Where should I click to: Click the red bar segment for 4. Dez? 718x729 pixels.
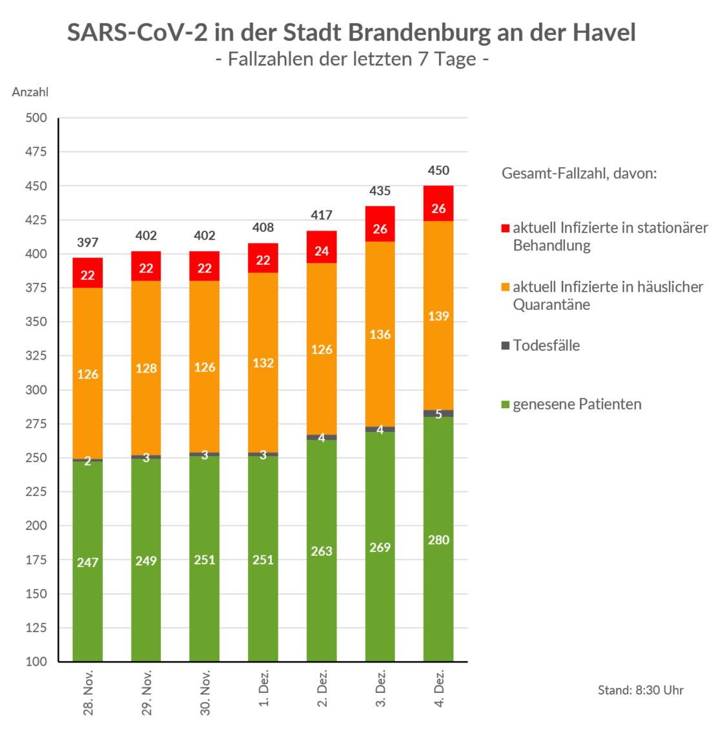pyautogui.click(x=438, y=203)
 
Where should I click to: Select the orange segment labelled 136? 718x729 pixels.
pyautogui.click(x=380, y=334)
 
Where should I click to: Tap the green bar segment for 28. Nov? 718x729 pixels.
pyautogui.click(x=88, y=561)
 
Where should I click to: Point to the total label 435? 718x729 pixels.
pyautogui.click(x=380, y=191)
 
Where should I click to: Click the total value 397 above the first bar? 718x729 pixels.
pyautogui.click(x=88, y=243)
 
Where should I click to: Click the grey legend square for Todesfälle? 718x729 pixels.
pyautogui.click(x=506, y=345)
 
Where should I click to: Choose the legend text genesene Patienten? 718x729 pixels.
pyautogui.click(x=577, y=405)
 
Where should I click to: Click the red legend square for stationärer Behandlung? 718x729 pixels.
pyautogui.click(x=506, y=228)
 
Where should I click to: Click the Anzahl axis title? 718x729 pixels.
pyautogui.click(x=30, y=92)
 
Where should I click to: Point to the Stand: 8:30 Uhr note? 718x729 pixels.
pyautogui.click(x=640, y=690)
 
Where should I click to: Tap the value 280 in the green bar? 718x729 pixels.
pyautogui.click(x=438, y=540)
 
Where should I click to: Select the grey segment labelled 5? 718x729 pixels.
pyautogui.click(x=438, y=413)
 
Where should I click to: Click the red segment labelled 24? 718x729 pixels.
pyautogui.click(x=322, y=251)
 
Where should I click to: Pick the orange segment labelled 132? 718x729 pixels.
pyautogui.click(x=263, y=363)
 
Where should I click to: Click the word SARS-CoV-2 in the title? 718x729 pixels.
pyautogui.click(x=134, y=32)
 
